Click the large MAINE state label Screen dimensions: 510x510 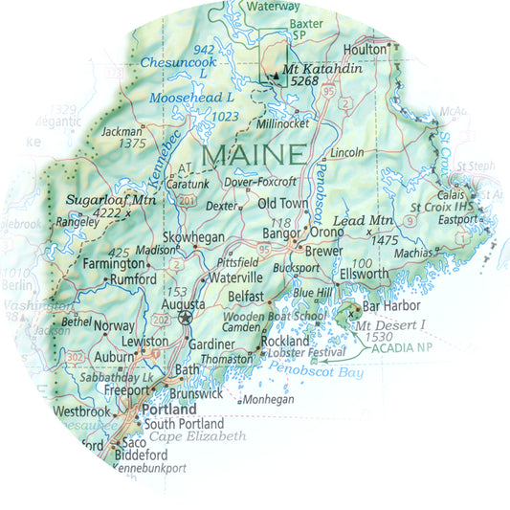point(255,153)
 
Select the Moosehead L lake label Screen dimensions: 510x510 point(192,98)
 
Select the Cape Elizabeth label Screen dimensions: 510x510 point(198,436)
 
